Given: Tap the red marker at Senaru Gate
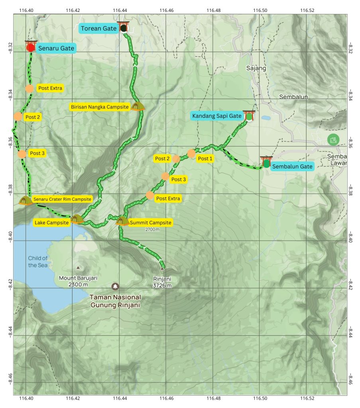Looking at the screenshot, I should [x=31, y=47].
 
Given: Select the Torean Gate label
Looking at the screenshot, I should [x=98, y=28].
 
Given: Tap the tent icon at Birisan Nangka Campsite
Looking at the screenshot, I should [x=138, y=106].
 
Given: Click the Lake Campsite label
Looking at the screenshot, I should [x=51, y=222].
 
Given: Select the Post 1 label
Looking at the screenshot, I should [x=206, y=159].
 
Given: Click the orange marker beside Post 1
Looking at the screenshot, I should [x=191, y=153].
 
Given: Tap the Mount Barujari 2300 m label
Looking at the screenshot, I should [x=78, y=281].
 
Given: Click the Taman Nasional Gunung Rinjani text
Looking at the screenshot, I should [x=115, y=301].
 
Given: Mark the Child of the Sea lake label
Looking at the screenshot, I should [x=38, y=261].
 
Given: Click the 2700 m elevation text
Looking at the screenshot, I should [x=152, y=229].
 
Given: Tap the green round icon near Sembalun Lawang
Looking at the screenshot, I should [x=332, y=139].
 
